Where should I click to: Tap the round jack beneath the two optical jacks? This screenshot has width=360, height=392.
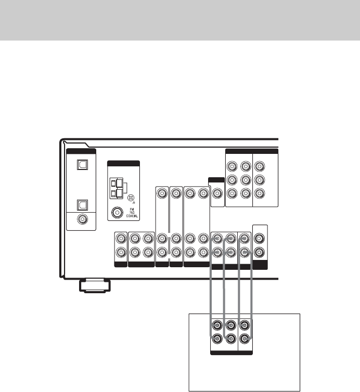tap(81, 219)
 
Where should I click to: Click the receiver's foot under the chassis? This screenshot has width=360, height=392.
tap(94, 285)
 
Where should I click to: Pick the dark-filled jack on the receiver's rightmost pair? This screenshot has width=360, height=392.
tap(260, 254)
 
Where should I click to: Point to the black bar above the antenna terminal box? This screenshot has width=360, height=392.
tap(123, 163)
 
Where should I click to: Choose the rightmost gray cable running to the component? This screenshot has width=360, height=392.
tap(254, 291)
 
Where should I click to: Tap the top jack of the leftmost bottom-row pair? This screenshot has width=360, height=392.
tap(121, 239)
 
